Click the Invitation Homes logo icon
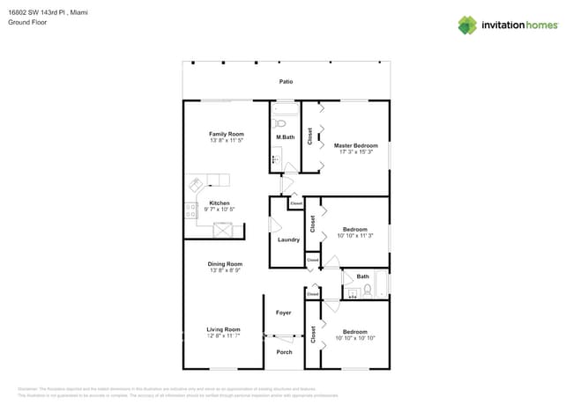(x=467, y=25)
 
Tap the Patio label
(x=286, y=82)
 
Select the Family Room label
(x=227, y=134)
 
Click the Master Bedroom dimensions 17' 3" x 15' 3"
(x=356, y=152)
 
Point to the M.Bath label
(x=285, y=137)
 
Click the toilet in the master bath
(x=281, y=123)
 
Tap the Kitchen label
(x=220, y=202)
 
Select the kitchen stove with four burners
(x=191, y=210)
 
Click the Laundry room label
(x=288, y=239)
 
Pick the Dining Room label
(x=226, y=264)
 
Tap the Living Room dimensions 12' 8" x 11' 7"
(x=223, y=336)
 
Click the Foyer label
(x=283, y=313)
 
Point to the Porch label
(x=284, y=352)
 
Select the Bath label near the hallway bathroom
(x=362, y=276)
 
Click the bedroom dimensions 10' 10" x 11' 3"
(x=356, y=236)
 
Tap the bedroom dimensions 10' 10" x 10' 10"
(x=355, y=338)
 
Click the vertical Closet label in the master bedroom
(x=310, y=136)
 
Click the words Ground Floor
(x=26, y=22)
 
